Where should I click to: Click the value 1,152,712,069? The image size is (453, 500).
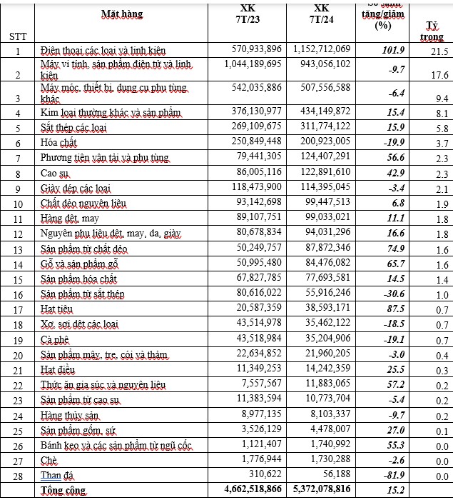pos(321,49)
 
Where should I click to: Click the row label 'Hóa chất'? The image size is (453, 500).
pos(59,143)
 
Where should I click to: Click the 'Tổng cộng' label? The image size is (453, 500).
pos(64,491)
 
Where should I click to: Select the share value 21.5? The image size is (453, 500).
pos(439,52)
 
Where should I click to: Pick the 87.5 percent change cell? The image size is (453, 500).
pos(394,309)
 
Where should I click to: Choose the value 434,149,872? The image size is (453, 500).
pos(321,112)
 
